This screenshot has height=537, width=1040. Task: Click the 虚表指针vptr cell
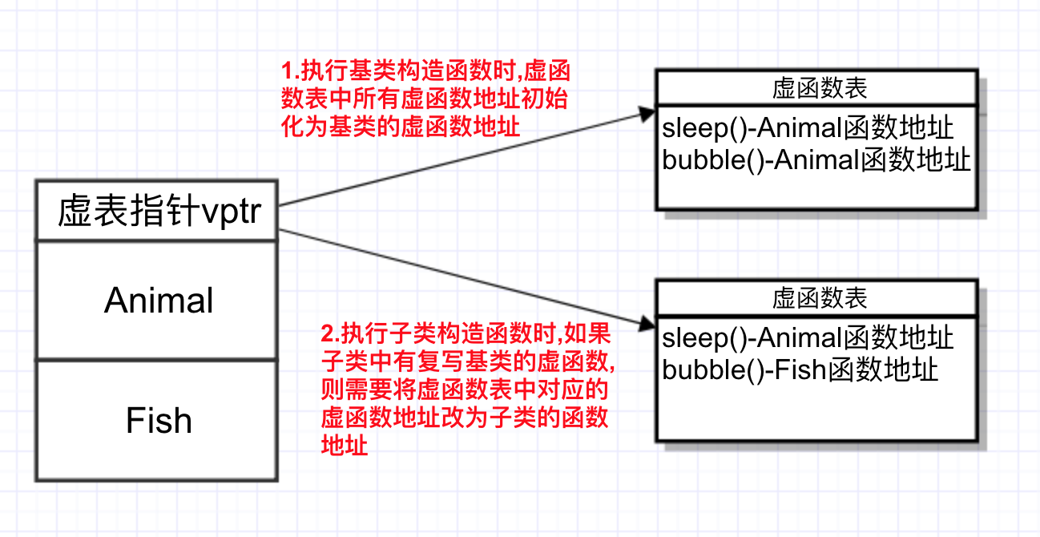(158, 211)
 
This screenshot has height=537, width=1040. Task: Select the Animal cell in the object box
(158, 301)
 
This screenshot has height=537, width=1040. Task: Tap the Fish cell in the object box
(158, 420)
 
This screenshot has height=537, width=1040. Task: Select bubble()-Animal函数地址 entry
(816, 160)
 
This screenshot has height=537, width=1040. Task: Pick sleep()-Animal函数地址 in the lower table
(808, 338)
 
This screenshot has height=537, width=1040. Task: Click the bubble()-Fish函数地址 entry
(800, 370)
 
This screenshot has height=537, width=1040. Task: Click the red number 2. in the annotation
(327, 332)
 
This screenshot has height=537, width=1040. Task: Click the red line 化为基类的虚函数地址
(400, 127)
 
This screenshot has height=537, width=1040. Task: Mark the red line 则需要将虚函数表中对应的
(463, 390)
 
